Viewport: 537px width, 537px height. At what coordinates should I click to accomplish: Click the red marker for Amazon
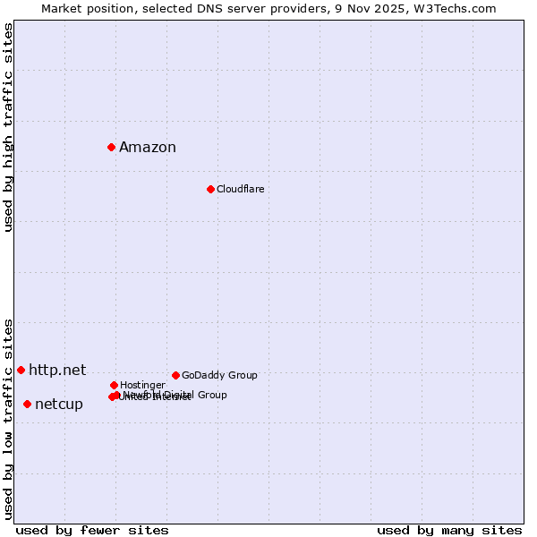(x=111, y=147)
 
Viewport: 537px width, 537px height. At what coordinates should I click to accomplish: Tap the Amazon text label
(x=148, y=148)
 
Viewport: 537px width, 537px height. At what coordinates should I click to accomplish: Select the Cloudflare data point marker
(x=210, y=189)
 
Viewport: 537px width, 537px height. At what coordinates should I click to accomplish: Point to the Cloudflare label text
(x=240, y=189)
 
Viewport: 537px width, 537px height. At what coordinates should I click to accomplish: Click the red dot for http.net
(x=21, y=370)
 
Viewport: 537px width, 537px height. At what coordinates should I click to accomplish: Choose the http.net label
(x=57, y=370)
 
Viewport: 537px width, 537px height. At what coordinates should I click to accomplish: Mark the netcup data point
(x=27, y=404)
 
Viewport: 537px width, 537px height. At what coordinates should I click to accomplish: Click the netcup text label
(x=59, y=405)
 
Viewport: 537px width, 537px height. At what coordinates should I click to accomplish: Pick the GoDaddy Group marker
(x=175, y=375)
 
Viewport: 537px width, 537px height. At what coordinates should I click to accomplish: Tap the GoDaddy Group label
(x=219, y=375)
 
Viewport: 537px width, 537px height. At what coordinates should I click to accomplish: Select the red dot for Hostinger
(x=114, y=385)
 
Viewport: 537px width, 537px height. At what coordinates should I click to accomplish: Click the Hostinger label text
(x=142, y=385)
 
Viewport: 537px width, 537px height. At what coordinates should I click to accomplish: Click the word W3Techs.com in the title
(x=464, y=8)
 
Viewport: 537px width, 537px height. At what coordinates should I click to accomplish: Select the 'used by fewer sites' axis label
(x=92, y=530)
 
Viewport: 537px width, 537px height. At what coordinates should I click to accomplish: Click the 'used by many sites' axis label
(x=449, y=530)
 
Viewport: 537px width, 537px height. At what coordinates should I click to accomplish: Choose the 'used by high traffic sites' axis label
(x=9, y=127)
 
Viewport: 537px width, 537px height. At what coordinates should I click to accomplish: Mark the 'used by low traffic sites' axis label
(x=9, y=418)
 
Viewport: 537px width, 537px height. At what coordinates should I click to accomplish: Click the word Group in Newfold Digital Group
(x=211, y=395)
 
